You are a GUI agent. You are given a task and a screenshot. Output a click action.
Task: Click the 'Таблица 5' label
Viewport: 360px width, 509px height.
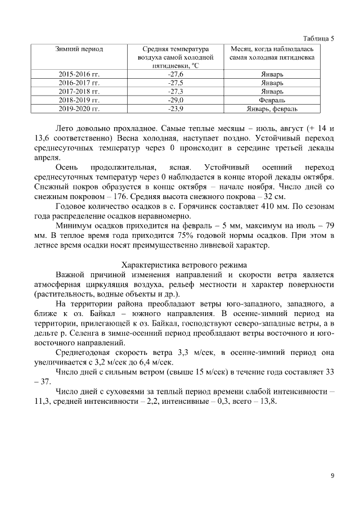[318, 39]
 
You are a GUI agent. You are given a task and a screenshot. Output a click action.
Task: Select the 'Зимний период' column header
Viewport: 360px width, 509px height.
[79, 49]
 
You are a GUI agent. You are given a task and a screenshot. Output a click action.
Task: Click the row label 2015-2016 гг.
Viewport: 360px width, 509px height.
[79, 74]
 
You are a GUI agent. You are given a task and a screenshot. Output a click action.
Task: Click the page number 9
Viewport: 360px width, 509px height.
[332, 476]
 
